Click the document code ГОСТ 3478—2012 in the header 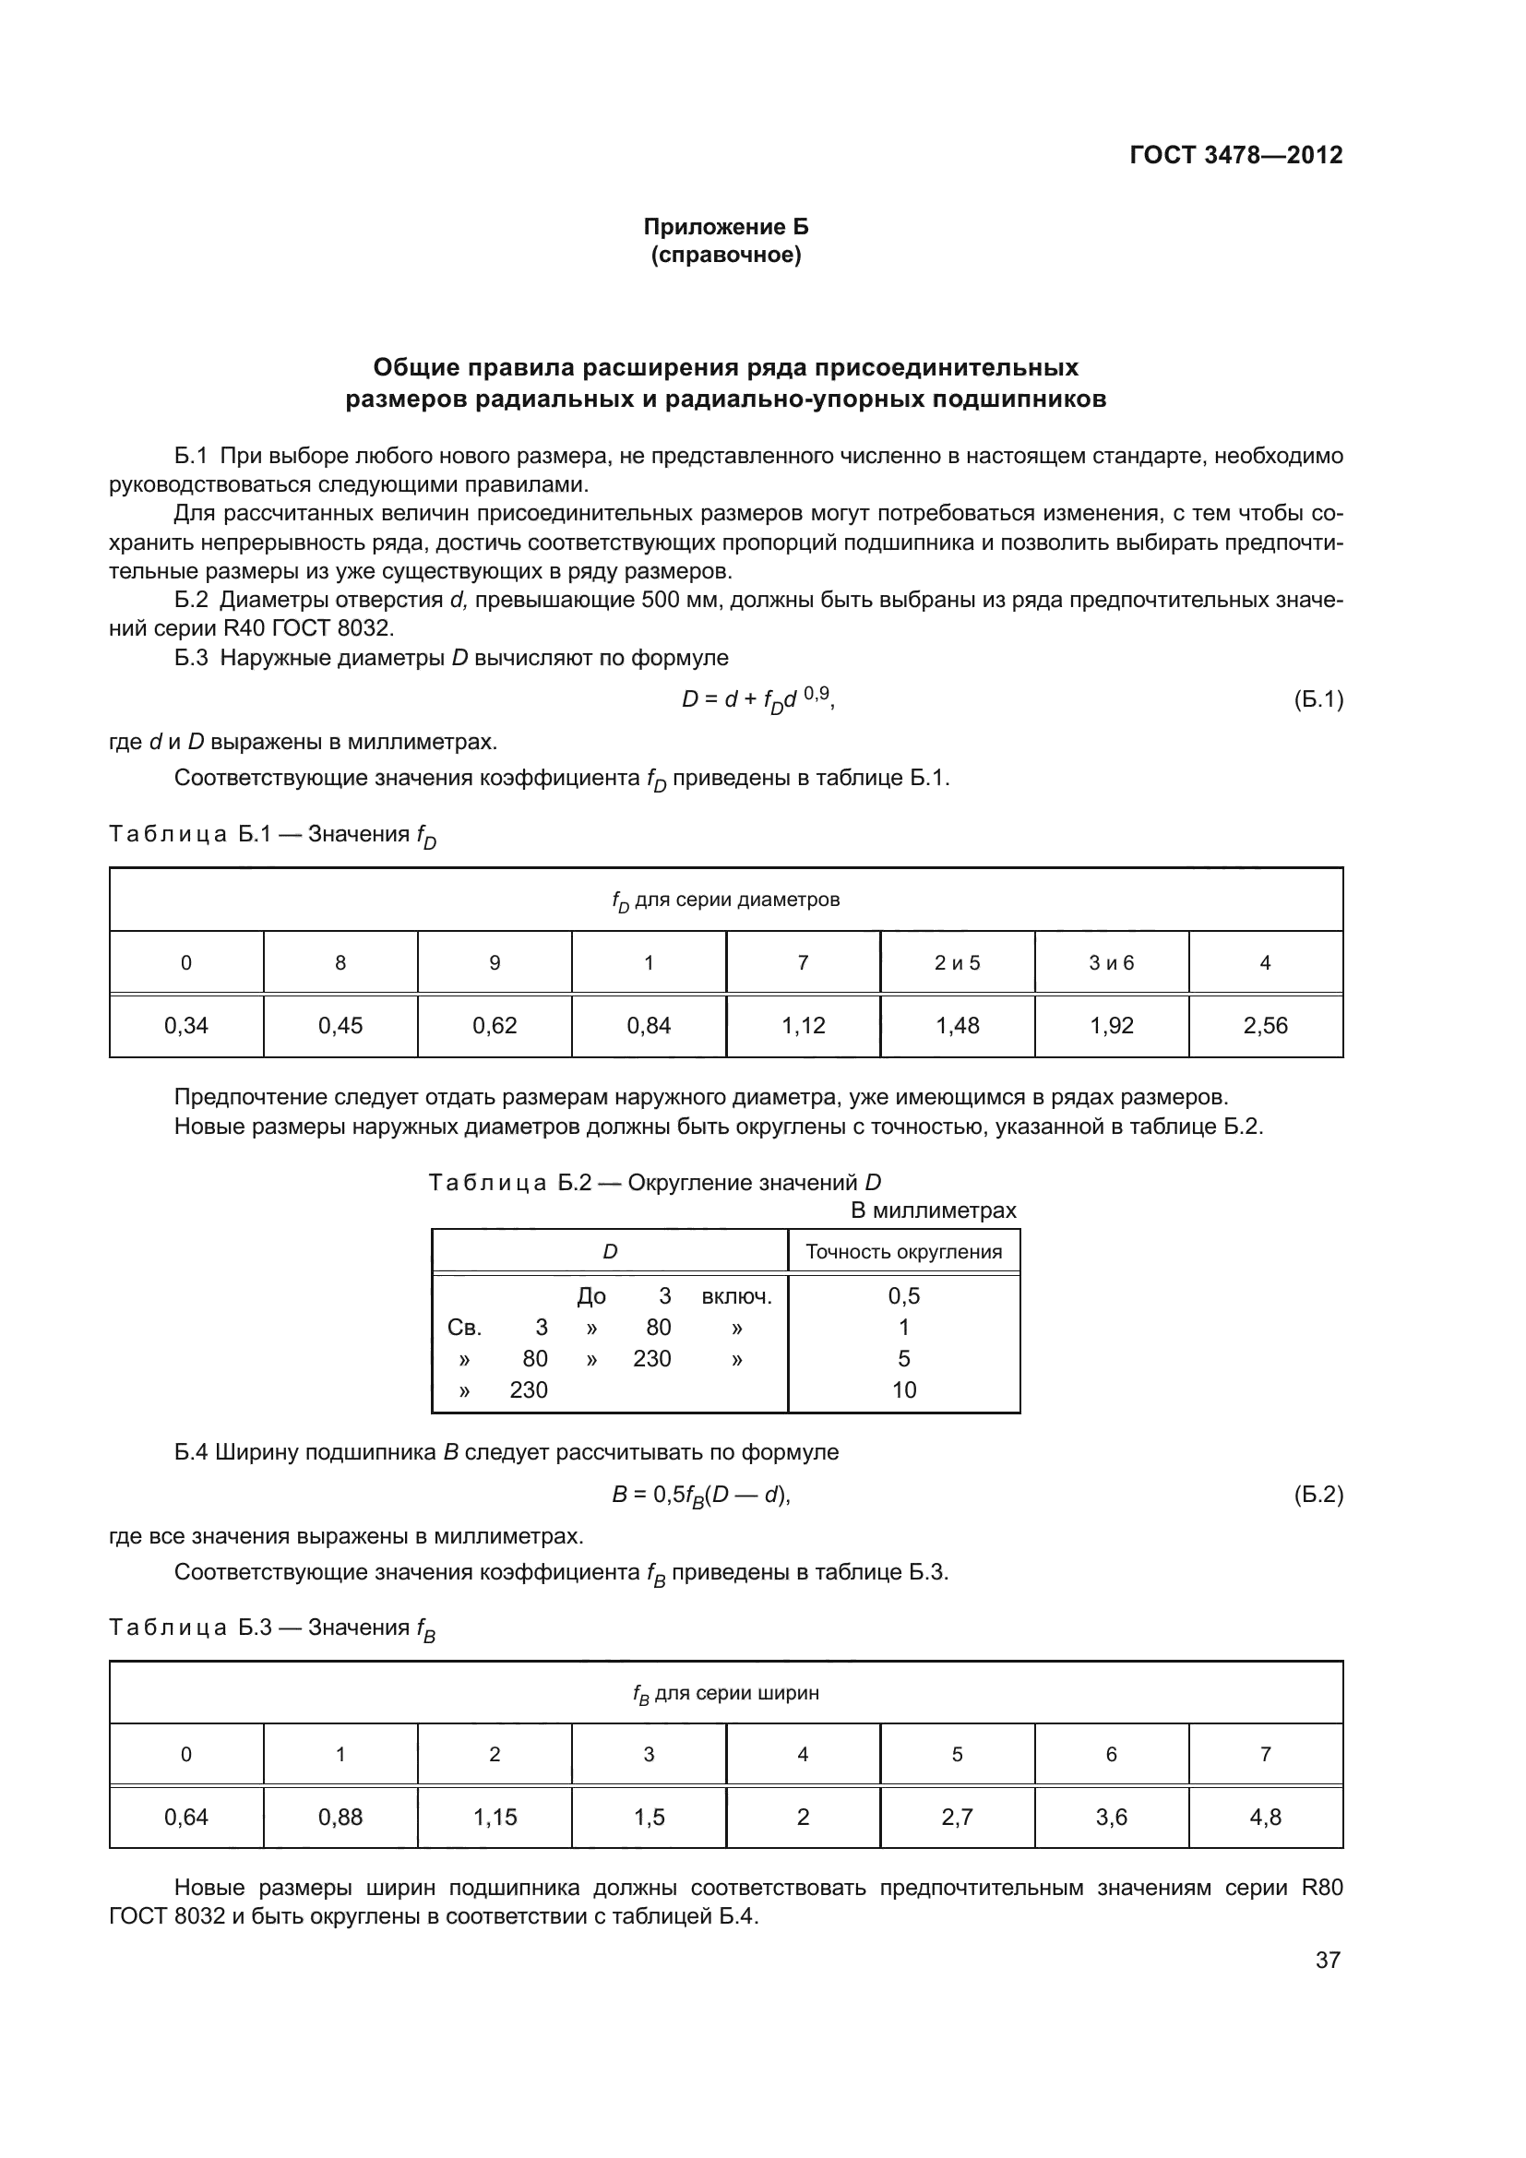1235,155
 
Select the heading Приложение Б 725,227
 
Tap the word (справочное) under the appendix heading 725,256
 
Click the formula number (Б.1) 1317,699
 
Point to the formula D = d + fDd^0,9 757,699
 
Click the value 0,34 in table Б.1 186,1025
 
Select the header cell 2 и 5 957,962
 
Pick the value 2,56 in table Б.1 1265,1025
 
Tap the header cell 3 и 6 1111,962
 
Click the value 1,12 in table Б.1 803,1025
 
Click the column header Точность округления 903,1252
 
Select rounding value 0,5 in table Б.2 903,1296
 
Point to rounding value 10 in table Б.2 903,1389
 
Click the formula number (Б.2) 1317,1494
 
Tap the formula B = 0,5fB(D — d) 701,1495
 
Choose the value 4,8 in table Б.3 1265,1817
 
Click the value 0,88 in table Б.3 340,1817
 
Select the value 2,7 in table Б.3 957,1817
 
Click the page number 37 1327,1960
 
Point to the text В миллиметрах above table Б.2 933,1210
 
